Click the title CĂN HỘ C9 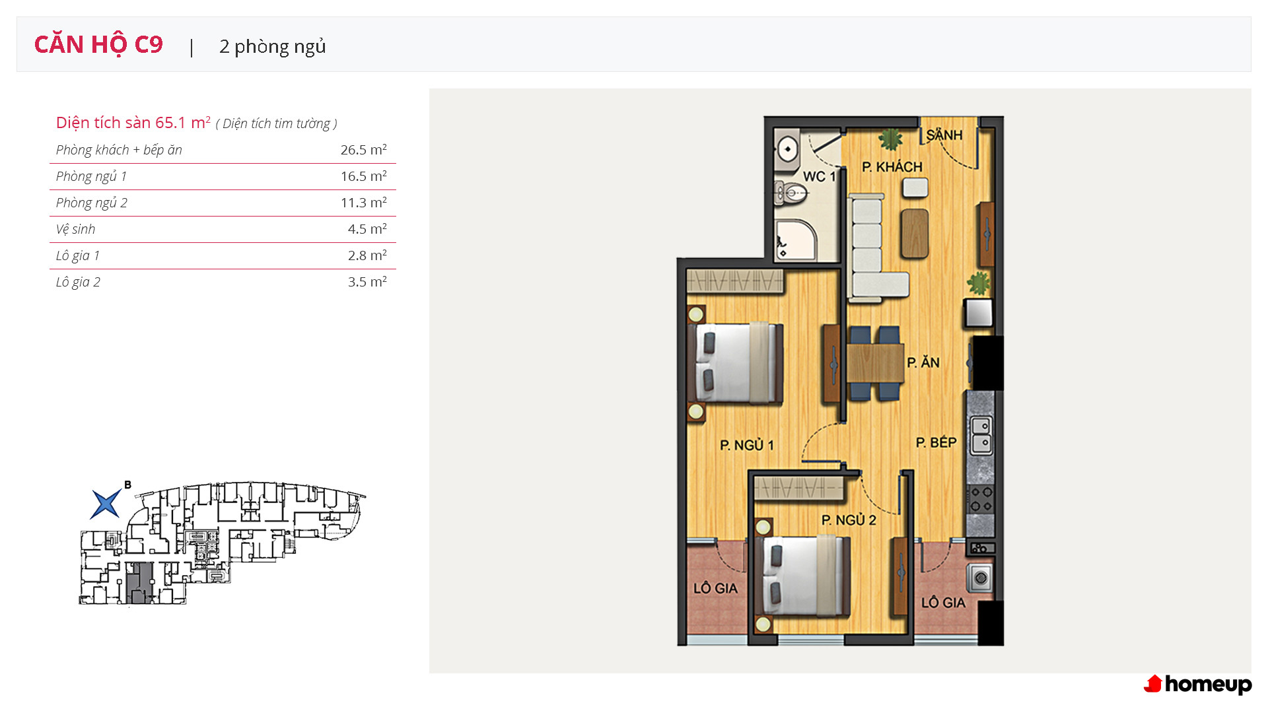[98, 44]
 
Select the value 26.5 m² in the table [363, 150]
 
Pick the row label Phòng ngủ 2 [92, 203]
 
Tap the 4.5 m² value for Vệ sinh [367, 229]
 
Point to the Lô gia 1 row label [78, 255]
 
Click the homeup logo [1197, 685]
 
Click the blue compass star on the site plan [106, 504]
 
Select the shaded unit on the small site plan [139, 583]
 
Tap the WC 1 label [819, 176]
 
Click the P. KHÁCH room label [892, 167]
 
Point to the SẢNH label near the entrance [944, 135]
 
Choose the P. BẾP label [936, 442]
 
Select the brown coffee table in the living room [915, 233]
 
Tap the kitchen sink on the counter [981, 434]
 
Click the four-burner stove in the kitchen [980, 499]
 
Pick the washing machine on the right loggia [980, 578]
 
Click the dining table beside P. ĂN [875, 363]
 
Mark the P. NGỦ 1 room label [746, 446]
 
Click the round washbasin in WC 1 [787, 150]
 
